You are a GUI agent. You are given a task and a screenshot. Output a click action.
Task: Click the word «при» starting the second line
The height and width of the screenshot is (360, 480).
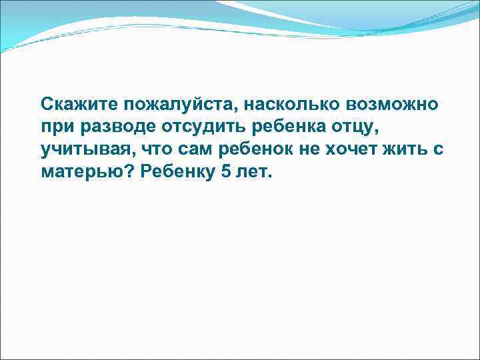coord(53,127)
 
